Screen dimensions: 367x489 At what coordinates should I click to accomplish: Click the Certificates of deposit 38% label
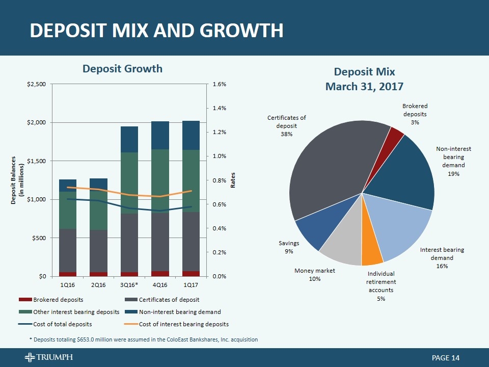point(286,125)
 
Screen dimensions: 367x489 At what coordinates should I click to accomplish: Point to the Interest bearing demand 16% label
point(442,258)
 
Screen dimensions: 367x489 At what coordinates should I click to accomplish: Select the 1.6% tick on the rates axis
point(219,84)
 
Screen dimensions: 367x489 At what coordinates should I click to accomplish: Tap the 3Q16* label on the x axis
point(130,284)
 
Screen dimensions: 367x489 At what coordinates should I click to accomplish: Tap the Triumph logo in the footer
point(48,358)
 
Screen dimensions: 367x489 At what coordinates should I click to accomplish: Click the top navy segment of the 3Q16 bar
point(130,139)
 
